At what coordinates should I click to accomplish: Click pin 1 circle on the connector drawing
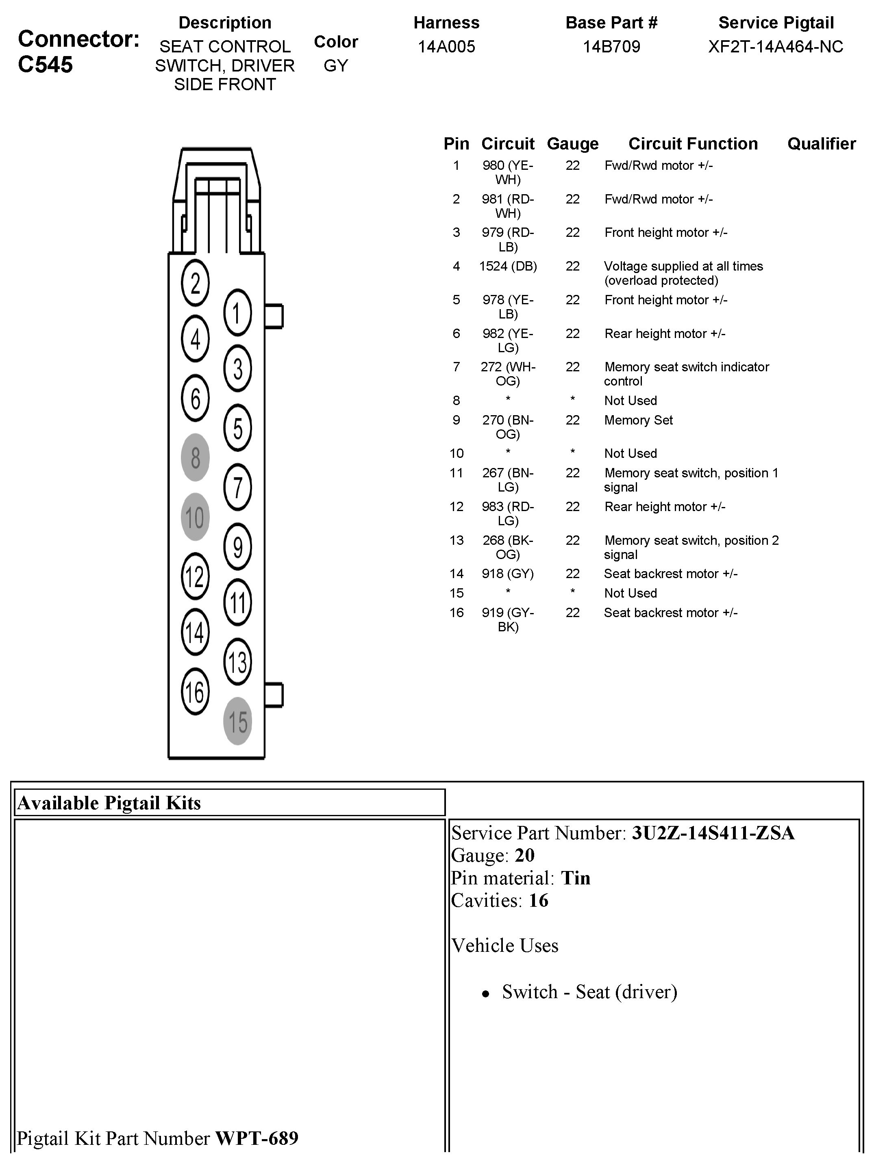tap(237, 312)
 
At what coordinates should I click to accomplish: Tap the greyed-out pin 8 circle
tap(195, 457)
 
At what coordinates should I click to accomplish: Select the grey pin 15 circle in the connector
tap(237, 721)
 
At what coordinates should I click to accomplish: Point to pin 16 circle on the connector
tap(195, 691)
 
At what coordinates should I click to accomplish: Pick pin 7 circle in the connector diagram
tap(237, 487)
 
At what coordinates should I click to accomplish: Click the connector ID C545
tap(46, 65)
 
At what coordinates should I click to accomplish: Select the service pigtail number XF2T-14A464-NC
tap(776, 47)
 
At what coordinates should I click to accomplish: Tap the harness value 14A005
tap(446, 47)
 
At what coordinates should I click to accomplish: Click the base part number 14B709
tap(611, 47)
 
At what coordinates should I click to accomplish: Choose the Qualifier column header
tap(821, 143)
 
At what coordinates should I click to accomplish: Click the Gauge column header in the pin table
tap(572, 143)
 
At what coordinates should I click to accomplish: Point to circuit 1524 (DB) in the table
tap(508, 266)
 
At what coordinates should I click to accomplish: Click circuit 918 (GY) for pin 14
tap(508, 574)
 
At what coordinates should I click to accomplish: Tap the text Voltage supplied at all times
tap(683, 266)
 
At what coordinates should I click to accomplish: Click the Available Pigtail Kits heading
tap(109, 803)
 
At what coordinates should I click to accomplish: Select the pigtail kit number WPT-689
tap(257, 1138)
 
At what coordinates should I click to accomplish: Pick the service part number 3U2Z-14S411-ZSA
tap(713, 833)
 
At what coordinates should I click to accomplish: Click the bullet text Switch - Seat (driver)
tap(589, 992)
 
